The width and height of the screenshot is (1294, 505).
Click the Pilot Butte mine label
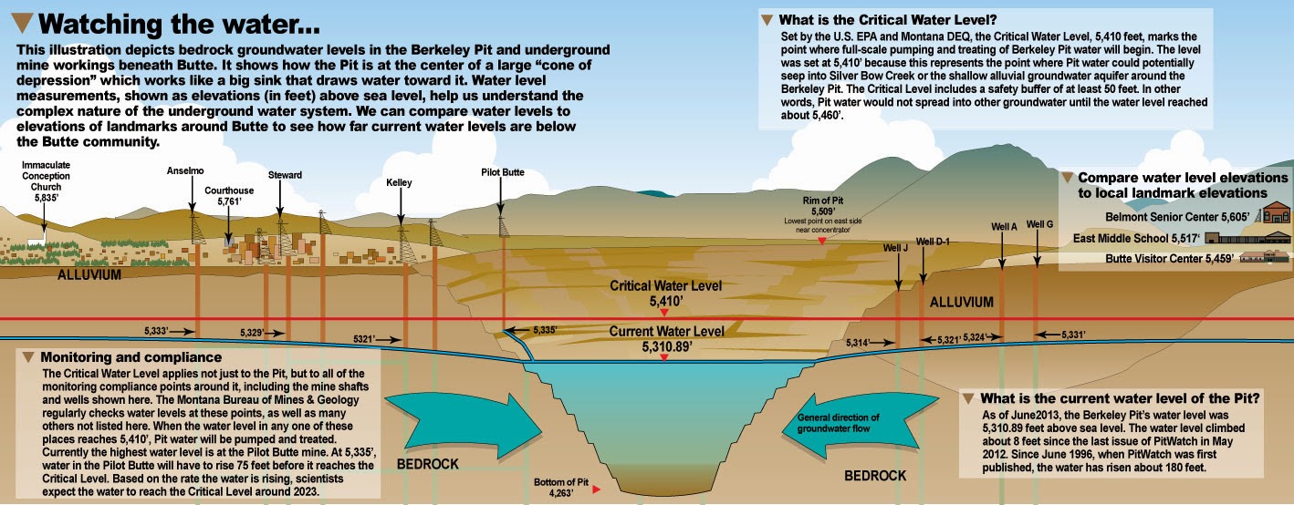[x=502, y=171]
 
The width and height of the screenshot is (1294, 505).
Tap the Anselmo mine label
[x=185, y=170]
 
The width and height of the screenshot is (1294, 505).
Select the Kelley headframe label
[x=399, y=183]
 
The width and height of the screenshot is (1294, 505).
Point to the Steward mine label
[x=285, y=175]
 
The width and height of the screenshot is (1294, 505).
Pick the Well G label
[x=1039, y=224]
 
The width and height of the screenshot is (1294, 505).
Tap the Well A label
[x=1003, y=226]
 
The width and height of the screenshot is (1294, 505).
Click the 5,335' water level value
[x=545, y=329]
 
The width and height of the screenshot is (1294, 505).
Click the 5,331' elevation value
[x=1073, y=335]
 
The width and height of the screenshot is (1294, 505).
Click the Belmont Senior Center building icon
[x=1275, y=216]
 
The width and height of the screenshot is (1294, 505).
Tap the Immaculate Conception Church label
[x=46, y=181]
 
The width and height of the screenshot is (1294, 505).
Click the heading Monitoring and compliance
[x=131, y=356]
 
